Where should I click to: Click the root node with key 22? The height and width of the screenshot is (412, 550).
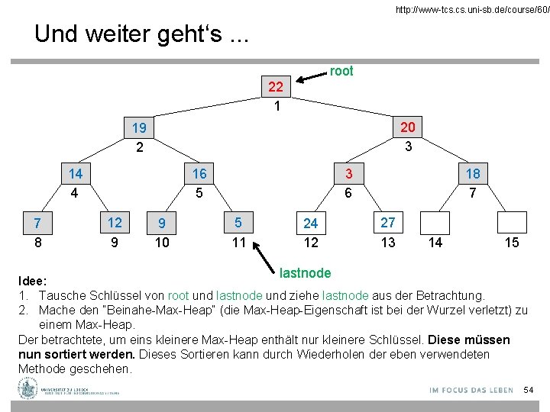coord(277,87)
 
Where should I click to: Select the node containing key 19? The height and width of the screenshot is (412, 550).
coord(139,127)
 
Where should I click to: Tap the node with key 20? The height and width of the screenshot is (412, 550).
coord(408,127)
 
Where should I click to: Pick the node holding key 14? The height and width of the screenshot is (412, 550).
coord(75,174)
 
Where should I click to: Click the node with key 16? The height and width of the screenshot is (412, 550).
coord(199,174)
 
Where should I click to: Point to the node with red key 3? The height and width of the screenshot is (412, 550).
coord(348,174)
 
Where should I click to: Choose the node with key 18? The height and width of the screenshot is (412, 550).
coord(473,174)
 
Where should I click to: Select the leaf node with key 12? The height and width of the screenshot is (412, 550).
coord(115,223)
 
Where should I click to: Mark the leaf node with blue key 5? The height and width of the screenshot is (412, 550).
coord(238,223)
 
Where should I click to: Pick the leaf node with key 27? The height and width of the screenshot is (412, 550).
coord(388,223)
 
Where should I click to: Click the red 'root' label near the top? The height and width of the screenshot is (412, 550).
coord(341,71)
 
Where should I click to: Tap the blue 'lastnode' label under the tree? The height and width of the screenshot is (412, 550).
coord(306,272)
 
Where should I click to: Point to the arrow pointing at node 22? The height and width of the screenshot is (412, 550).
coord(311,75)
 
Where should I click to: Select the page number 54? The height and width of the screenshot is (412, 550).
coord(528,391)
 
